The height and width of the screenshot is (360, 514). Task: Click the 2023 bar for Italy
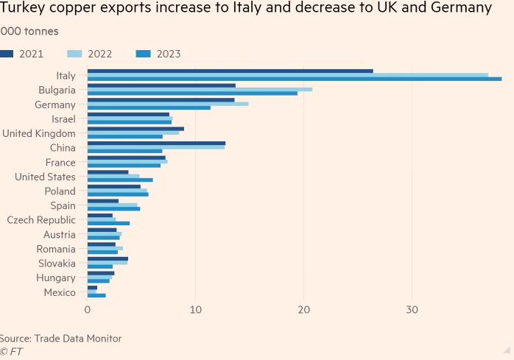point(295,79)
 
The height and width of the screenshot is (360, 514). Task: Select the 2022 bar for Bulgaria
point(200,89)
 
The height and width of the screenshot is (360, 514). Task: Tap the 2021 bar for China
point(156,143)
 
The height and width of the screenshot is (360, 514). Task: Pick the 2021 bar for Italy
point(230,71)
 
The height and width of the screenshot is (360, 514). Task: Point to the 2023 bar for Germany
point(149,107)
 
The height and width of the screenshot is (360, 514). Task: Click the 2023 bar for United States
point(120,180)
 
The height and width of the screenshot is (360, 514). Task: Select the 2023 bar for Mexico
point(96,295)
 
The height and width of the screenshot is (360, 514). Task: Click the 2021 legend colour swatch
point(7,54)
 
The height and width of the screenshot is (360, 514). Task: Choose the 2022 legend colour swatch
point(74,54)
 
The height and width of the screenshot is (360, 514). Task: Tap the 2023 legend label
point(168,54)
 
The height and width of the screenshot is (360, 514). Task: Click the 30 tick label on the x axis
point(412,310)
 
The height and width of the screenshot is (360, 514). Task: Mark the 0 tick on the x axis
point(88,310)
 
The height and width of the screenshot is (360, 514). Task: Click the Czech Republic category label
point(41,220)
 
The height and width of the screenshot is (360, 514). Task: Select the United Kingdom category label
point(39,133)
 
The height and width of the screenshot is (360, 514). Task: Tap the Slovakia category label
point(57,264)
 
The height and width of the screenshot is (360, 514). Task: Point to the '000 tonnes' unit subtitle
point(29,32)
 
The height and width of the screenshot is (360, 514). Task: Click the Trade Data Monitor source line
point(60,338)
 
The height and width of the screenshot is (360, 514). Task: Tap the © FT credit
point(11,351)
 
